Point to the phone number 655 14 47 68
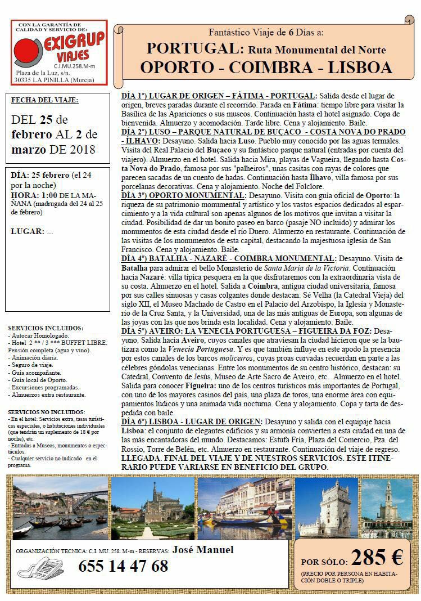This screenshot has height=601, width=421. click(123, 566)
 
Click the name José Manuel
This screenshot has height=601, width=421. click(203, 550)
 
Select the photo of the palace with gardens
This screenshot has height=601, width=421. click(152, 507)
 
